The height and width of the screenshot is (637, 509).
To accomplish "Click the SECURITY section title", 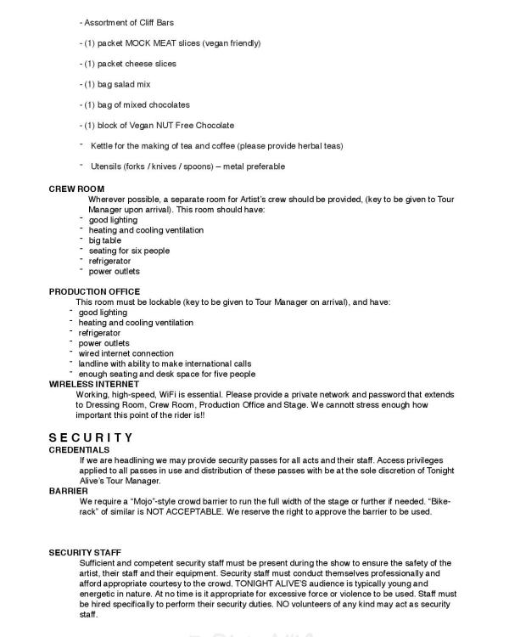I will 91,437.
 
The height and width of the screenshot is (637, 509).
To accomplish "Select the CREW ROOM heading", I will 76,189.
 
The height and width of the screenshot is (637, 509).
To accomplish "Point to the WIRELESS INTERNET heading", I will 93,384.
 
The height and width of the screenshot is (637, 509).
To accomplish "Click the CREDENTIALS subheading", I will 79,448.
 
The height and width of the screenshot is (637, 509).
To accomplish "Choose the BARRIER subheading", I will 70,491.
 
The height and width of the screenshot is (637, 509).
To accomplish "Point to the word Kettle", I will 102,146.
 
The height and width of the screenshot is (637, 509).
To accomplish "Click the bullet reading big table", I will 105,240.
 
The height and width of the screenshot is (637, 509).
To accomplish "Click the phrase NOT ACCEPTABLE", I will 180,512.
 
